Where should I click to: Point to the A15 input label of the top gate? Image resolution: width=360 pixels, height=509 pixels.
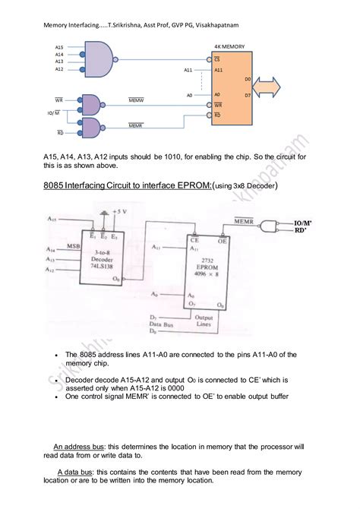[x=58, y=47]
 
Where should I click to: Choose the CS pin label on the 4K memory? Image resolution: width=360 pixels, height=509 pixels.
[x=217, y=58]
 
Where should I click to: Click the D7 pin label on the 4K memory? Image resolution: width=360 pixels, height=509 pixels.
[x=248, y=95]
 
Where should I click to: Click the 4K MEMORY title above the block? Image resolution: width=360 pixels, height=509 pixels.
[x=229, y=46]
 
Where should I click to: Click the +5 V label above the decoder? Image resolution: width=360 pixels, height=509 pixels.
[x=119, y=210]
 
